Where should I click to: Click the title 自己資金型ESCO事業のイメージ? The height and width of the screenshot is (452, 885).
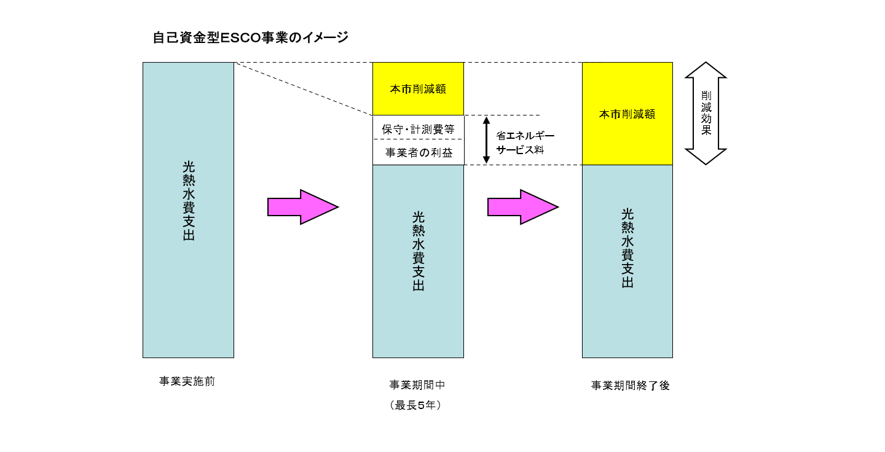(x=250, y=38)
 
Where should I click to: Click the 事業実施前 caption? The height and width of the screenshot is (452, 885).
(x=187, y=381)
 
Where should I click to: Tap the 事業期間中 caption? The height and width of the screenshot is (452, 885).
(x=417, y=385)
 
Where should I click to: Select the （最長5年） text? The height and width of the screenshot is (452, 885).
(x=417, y=405)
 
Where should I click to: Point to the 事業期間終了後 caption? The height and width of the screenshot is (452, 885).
(x=630, y=386)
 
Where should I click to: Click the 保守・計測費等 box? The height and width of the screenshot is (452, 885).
(x=418, y=129)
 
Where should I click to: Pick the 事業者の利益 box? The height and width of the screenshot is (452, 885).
(x=418, y=153)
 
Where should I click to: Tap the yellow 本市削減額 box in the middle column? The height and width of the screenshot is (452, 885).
(x=418, y=89)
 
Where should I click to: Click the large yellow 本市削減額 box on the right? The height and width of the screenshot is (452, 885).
(x=627, y=114)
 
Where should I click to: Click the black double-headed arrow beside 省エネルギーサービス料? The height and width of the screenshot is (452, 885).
(x=486, y=140)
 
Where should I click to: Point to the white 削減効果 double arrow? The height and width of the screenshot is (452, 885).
(x=706, y=114)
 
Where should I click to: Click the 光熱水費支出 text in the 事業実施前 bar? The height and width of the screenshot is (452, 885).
(x=189, y=201)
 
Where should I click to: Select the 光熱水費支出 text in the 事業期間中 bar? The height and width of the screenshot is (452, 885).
(x=418, y=251)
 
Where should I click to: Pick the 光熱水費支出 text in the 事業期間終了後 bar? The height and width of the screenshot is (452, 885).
(x=627, y=248)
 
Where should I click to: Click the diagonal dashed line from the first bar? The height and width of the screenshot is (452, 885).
(x=304, y=89)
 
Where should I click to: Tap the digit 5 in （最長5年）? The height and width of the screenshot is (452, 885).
(x=422, y=405)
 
